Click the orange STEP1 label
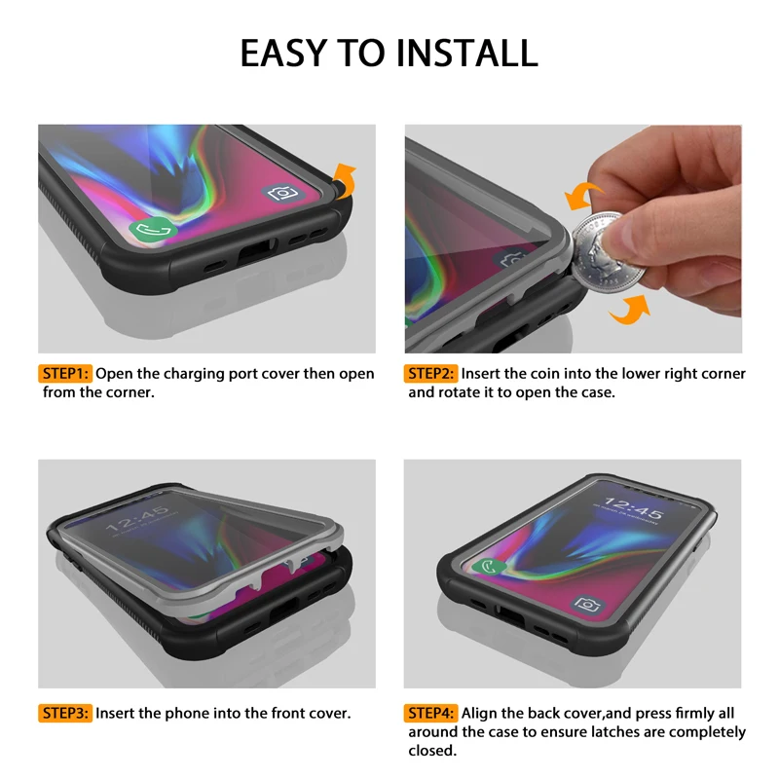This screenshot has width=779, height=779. tap(65, 374)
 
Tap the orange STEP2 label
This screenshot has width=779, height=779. tap(431, 374)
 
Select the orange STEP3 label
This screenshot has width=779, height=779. tap(65, 713)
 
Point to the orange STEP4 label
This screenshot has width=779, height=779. tap(431, 713)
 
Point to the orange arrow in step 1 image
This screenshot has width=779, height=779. tap(345, 180)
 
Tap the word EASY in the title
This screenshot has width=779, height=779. tap(288, 53)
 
